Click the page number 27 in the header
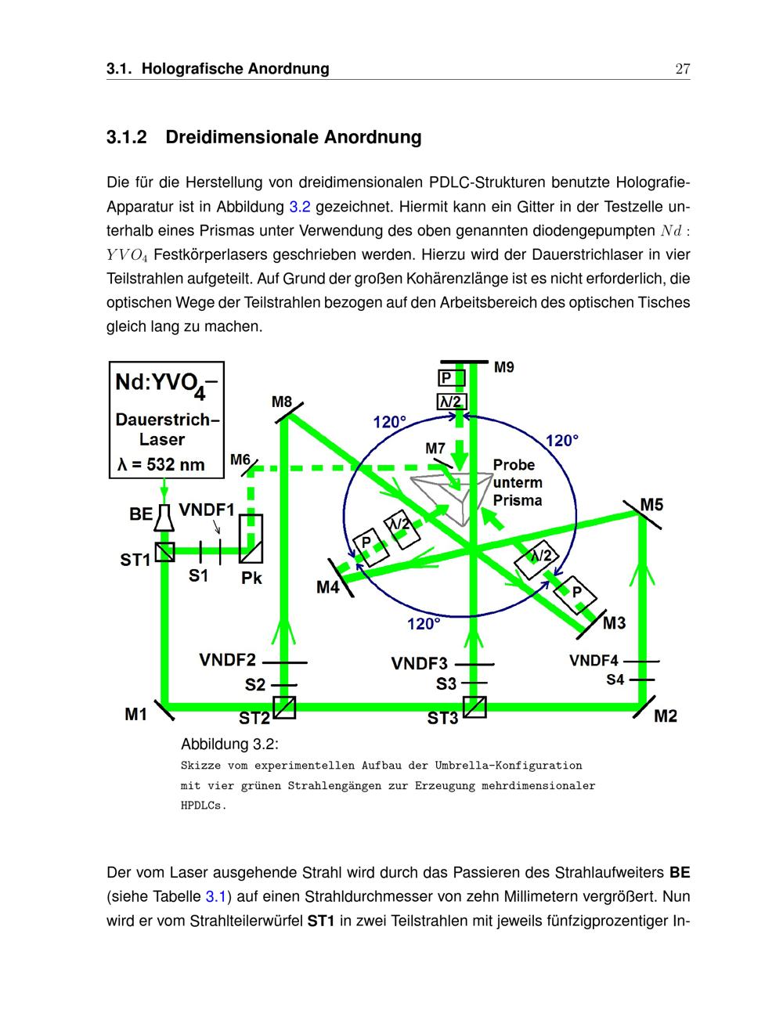pos(682,69)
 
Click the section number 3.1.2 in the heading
pos(127,138)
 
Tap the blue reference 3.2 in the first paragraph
pos(300,207)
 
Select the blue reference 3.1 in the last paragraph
pos(215,896)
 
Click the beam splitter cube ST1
pos(164,552)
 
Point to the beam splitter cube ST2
pos(283,708)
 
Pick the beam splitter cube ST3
pos(474,707)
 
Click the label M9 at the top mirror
pos(504,367)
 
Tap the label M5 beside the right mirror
pos(651,505)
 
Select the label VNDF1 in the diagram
pos(207,510)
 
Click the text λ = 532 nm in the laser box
pos(161,464)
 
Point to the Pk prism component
pos(251,539)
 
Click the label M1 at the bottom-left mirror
pos(136,714)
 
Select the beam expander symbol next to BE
pos(164,517)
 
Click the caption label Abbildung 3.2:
pos(229,743)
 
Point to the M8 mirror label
pos(282,402)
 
